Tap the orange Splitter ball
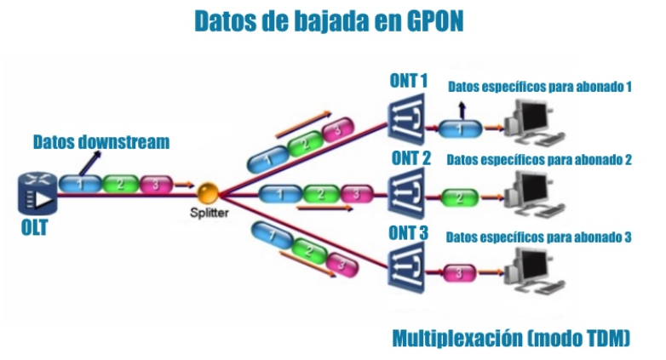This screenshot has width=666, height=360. [207, 194]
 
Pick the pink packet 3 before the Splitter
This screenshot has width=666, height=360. [155, 184]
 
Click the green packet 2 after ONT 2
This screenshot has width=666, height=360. [460, 198]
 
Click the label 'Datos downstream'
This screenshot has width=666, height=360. [101, 141]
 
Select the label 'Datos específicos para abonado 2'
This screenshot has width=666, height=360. [538, 159]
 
